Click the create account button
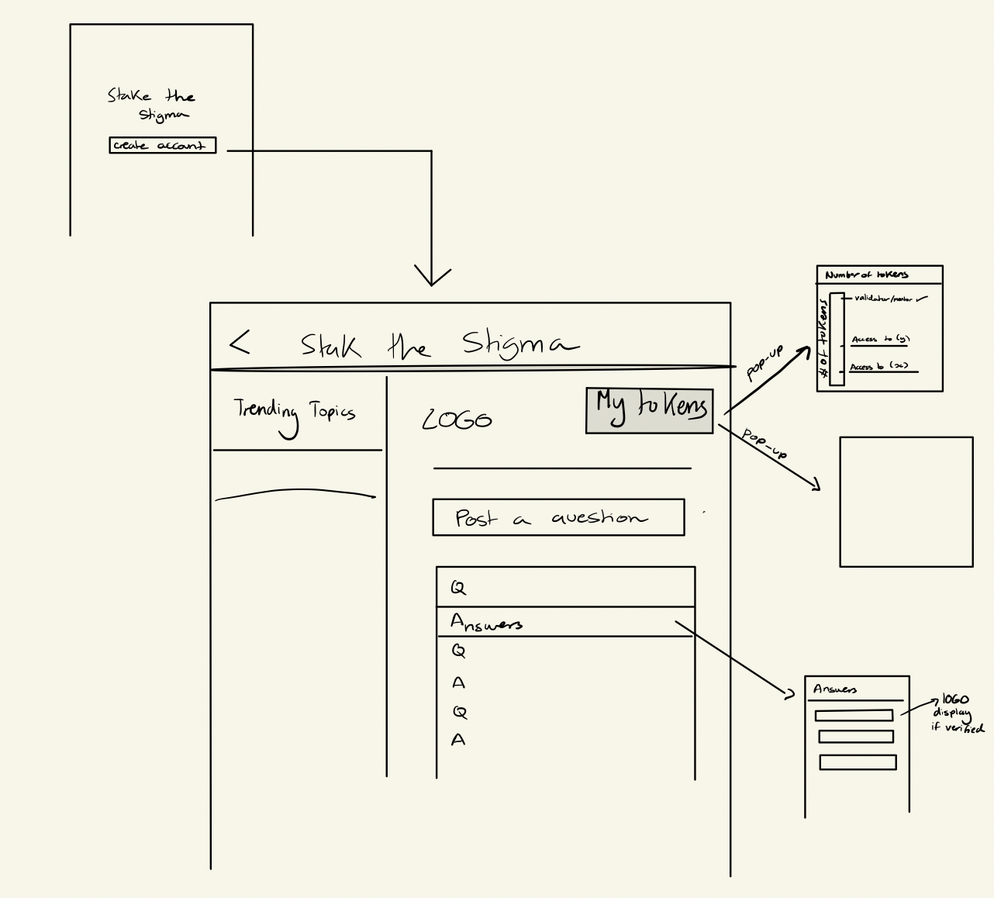pos(162,145)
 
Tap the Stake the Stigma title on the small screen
pos(152,105)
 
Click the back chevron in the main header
pos(240,342)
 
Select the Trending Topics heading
pos(295,411)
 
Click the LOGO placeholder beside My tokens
pos(457,420)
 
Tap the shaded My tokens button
pos(649,410)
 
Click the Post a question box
pos(558,517)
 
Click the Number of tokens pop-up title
pos(866,275)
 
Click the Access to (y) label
pos(880,340)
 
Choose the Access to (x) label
pos(878,367)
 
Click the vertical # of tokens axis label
pos(823,341)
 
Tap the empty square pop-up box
pos(906,502)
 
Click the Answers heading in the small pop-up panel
pos(835,689)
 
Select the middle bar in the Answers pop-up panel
pos(856,737)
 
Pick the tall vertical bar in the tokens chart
pos(837,339)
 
